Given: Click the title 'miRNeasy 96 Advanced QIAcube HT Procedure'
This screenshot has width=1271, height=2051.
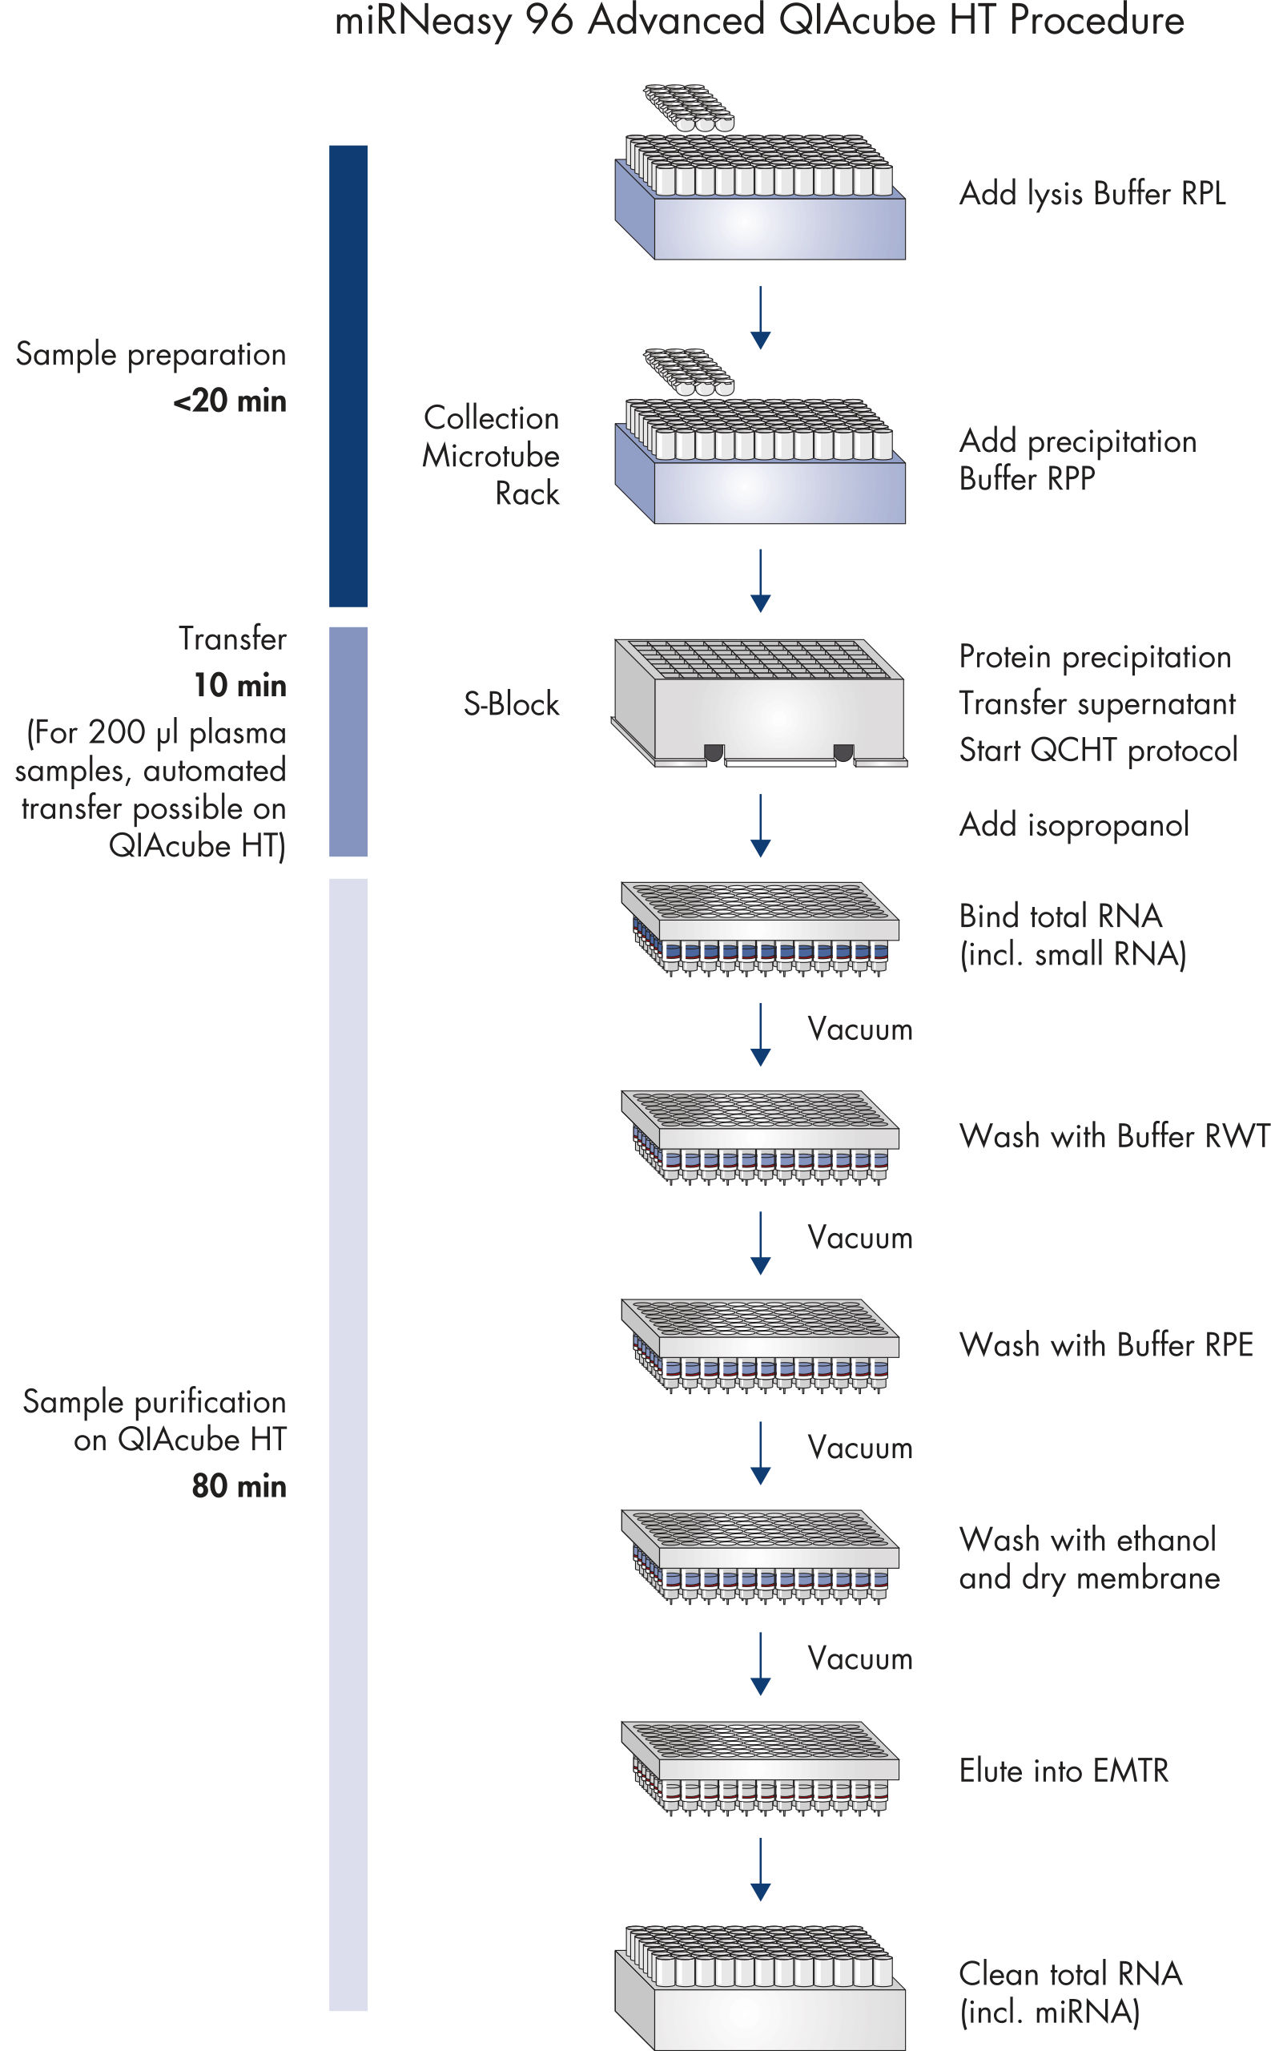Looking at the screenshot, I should [x=759, y=21].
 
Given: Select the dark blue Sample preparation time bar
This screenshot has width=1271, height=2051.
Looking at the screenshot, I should [x=348, y=375].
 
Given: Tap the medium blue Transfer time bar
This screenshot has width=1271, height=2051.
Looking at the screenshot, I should [x=348, y=741].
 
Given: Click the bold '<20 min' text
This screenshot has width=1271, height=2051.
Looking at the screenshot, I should [x=230, y=401].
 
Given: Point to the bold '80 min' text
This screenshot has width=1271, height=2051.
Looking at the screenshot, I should [x=239, y=1486].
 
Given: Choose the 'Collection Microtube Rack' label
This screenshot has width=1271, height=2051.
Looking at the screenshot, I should [x=491, y=455].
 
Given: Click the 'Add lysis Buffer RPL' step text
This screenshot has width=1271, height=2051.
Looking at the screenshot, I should [x=1092, y=193].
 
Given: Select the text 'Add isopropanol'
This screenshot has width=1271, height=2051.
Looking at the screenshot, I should [x=1073, y=825].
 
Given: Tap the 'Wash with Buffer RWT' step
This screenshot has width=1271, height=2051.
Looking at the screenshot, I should [x=1113, y=1136].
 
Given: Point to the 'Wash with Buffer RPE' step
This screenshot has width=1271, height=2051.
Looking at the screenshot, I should [x=1105, y=1344].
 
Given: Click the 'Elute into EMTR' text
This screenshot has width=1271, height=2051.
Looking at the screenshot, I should [x=1064, y=1770].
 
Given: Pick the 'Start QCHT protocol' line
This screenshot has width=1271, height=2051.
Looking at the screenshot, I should [x=1098, y=750].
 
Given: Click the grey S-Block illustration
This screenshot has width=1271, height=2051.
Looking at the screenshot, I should [x=759, y=703].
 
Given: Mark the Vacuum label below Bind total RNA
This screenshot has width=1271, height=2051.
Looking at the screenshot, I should [x=860, y=1030].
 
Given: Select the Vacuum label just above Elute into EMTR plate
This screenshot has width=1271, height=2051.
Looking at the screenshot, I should [x=860, y=1658].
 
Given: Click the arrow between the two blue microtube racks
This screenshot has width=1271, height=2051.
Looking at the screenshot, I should [x=760, y=317].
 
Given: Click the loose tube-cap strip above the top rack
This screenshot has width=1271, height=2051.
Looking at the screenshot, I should [x=689, y=107].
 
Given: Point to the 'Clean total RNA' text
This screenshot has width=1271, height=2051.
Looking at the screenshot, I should [x=1070, y=1973].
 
